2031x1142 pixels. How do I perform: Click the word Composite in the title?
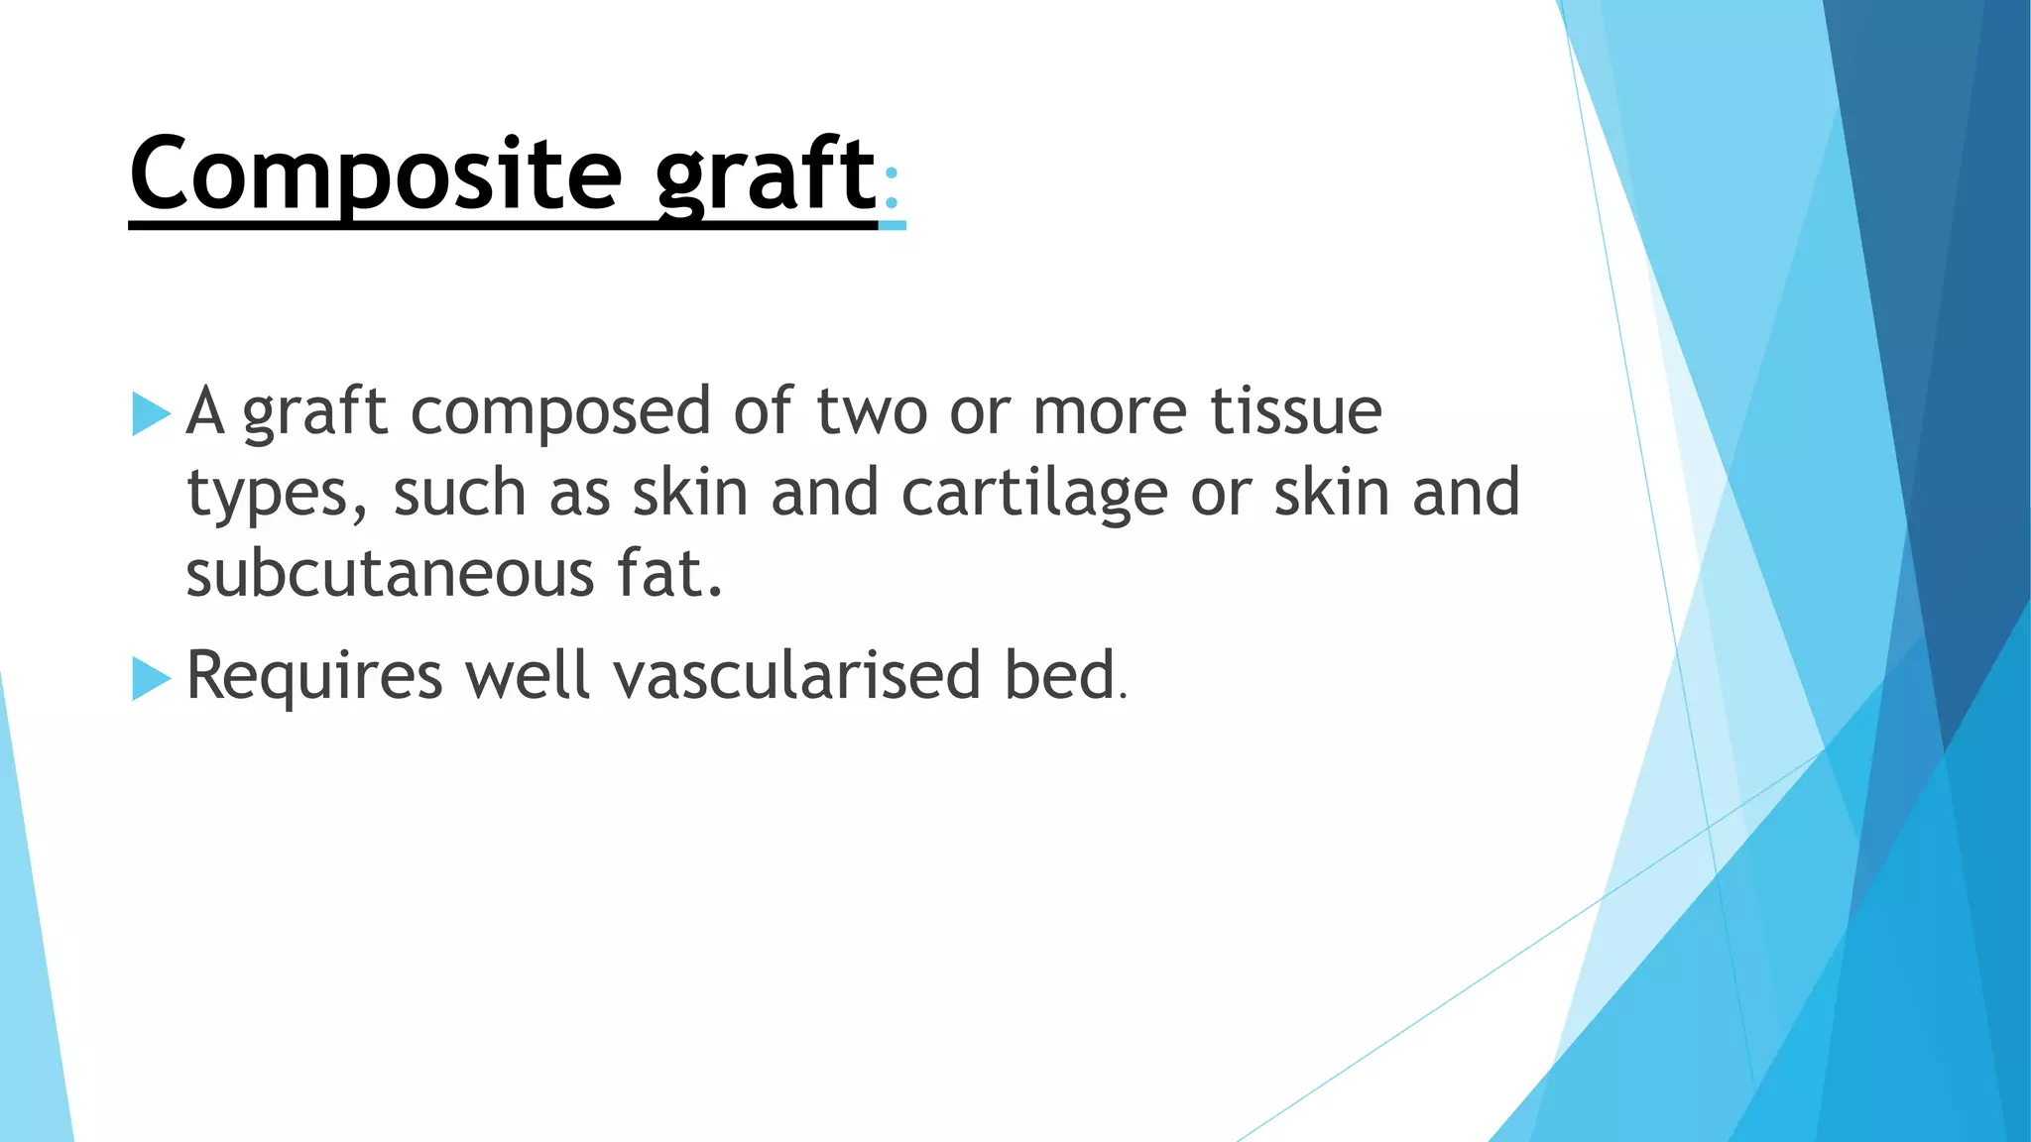[x=375, y=175]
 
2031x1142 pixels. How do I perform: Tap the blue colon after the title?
[x=892, y=188]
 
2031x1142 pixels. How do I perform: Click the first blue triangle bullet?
[x=151, y=413]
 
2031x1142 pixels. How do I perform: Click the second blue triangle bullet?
[x=151, y=679]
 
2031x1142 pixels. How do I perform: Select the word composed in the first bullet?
[x=560, y=412]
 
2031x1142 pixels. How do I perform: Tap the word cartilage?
[x=1033, y=494]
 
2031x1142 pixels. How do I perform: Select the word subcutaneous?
[x=390, y=575]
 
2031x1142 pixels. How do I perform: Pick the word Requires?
[x=313, y=677]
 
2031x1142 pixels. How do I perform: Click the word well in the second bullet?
[x=528, y=676]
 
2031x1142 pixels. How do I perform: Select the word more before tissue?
[x=1109, y=412]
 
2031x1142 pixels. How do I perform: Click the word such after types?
[x=459, y=493]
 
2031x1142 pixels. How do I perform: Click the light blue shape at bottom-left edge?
[x=30, y=991]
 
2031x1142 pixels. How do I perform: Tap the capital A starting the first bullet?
[x=205, y=410]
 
